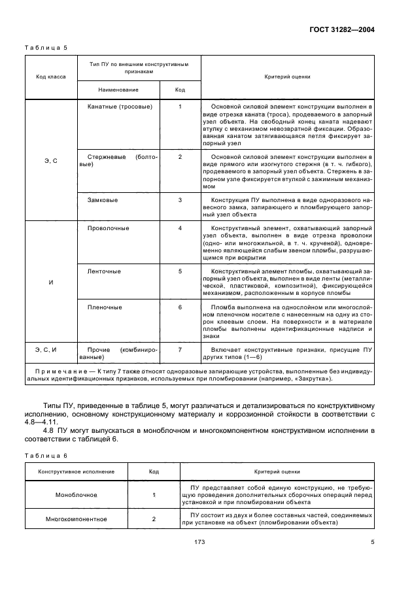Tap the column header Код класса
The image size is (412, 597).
[50, 77]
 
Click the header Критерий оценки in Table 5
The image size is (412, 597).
[287, 77]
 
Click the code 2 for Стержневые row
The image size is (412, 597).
[180, 157]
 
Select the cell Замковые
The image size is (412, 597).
[103, 199]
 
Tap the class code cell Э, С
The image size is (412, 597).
[50, 160]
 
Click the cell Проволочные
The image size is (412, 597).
[108, 228]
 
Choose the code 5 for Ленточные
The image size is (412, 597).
[180, 270]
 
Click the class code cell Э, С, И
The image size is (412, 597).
[50, 350]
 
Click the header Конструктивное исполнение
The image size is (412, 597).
[76, 471]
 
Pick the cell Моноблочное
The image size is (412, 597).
[76, 496]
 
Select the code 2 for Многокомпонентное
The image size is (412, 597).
[154, 519]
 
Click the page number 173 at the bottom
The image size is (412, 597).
[200, 542]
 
